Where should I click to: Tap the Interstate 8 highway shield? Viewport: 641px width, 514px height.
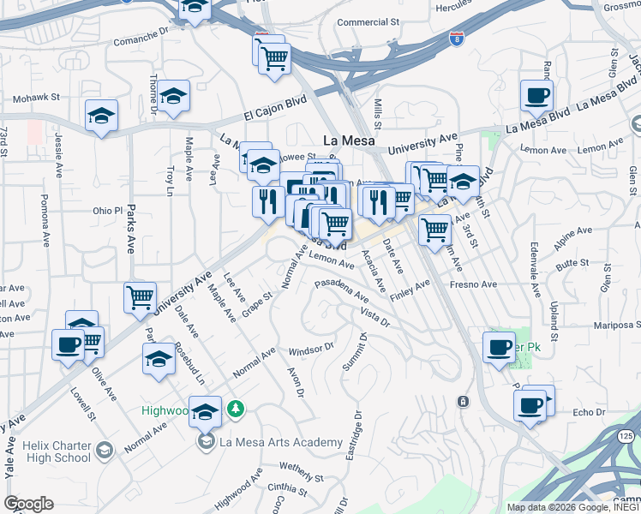coord(457,39)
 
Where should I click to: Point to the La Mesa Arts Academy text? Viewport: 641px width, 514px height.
coord(281,443)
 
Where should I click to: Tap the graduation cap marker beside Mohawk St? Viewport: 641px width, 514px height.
coord(101,117)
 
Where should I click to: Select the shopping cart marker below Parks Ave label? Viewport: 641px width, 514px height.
coord(140,299)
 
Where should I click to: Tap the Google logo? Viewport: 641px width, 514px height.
coord(28,504)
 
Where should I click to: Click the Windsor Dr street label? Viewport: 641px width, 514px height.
coord(310,350)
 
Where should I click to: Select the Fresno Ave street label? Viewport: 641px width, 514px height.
coord(473,284)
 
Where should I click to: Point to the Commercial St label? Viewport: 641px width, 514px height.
coord(368,22)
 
